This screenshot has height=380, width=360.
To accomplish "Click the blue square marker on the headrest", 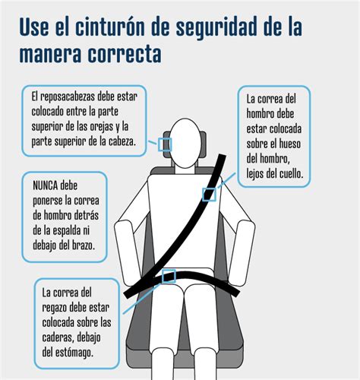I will point(164,144).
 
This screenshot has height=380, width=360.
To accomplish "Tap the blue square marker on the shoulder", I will point(209,194).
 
